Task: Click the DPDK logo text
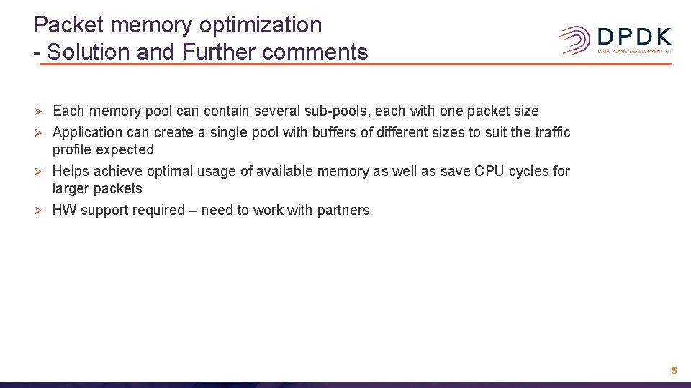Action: (x=635, y=37)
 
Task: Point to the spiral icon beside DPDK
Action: (x=575, y=40)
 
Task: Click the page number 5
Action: (x=674, y=371)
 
